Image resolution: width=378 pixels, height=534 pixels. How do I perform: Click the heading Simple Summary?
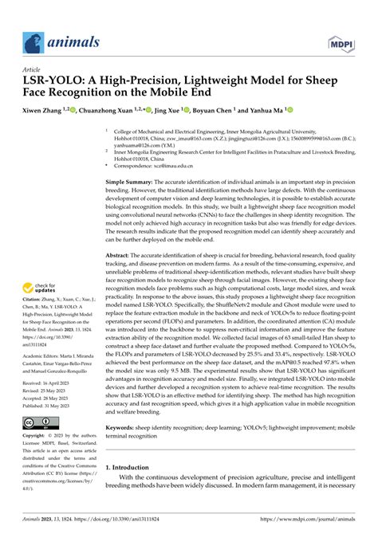click(x=128, y=183)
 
